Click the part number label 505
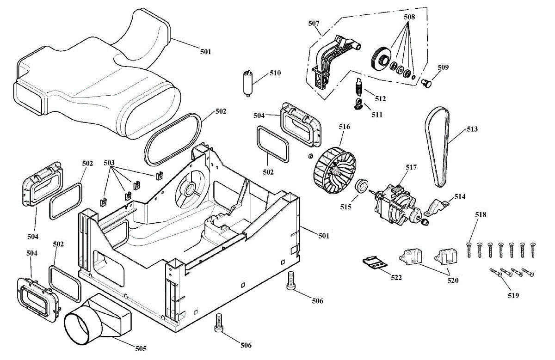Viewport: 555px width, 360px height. (141, 348)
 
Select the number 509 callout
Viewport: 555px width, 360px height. (443, 67)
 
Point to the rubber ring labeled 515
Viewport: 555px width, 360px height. (362, 186)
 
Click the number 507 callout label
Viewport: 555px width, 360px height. (314, 23)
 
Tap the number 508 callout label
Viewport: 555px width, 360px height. (409, 17)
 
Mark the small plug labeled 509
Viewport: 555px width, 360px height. (428, 83)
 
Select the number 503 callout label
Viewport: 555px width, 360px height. (109, 163)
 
